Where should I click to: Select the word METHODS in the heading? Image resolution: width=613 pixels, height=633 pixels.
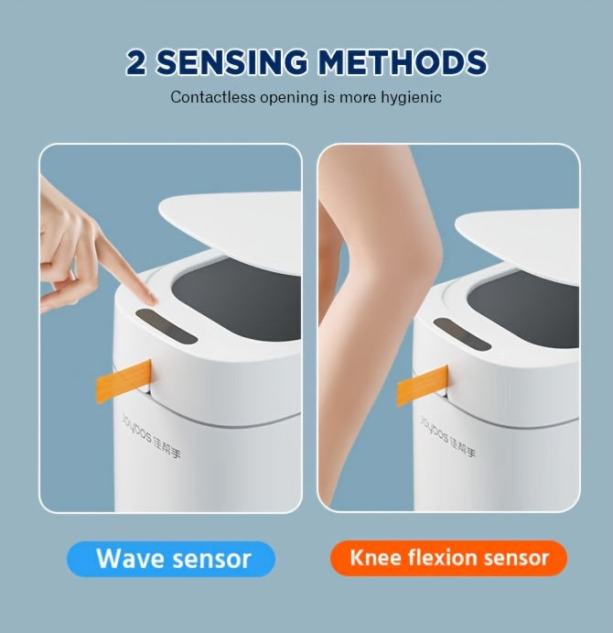[403, 62]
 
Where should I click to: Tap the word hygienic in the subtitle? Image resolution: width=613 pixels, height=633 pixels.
[411, 97]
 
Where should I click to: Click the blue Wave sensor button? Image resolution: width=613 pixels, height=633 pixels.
[171, 558]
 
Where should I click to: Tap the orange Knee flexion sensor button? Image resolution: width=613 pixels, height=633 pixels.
[448, 557]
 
